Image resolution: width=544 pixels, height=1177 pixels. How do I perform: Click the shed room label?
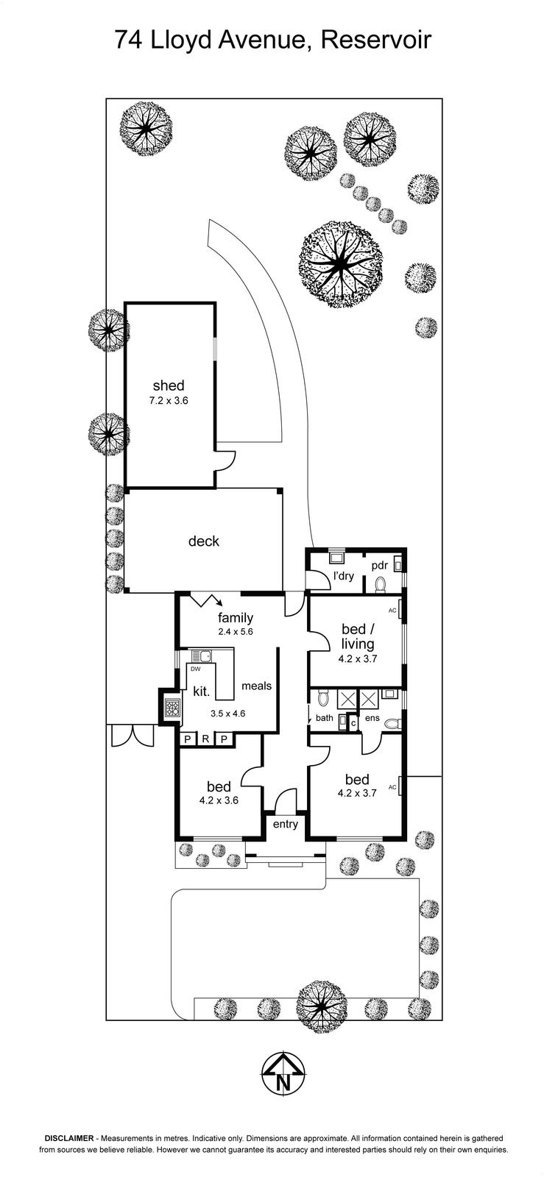(168, 385)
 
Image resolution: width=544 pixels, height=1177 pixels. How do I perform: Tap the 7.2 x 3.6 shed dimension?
(168, 400)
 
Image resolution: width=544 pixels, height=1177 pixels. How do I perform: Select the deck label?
(203, 541)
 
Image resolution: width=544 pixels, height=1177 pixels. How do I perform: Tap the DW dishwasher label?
(196, 669)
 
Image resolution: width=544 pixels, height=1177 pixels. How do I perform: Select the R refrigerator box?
(206, 739)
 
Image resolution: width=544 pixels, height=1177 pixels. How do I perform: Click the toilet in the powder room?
(381, 584)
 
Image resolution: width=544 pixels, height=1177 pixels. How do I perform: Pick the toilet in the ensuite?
(392, 724)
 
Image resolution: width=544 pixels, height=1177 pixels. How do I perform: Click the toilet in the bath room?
(323, 698)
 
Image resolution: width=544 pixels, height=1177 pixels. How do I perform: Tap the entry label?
(286, 824)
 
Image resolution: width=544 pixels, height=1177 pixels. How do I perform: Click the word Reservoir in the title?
(376, 40)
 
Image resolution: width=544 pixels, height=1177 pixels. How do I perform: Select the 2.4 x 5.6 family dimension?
(236, 632)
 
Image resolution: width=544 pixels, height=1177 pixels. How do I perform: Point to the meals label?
(256, 686)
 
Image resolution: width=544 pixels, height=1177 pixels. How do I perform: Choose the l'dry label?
(344, 576)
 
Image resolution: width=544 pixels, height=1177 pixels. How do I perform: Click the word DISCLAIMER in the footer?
(69, 1138)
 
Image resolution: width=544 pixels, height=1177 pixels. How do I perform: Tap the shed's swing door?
(226, 460)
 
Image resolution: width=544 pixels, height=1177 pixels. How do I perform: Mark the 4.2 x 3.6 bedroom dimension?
(219, 801)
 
